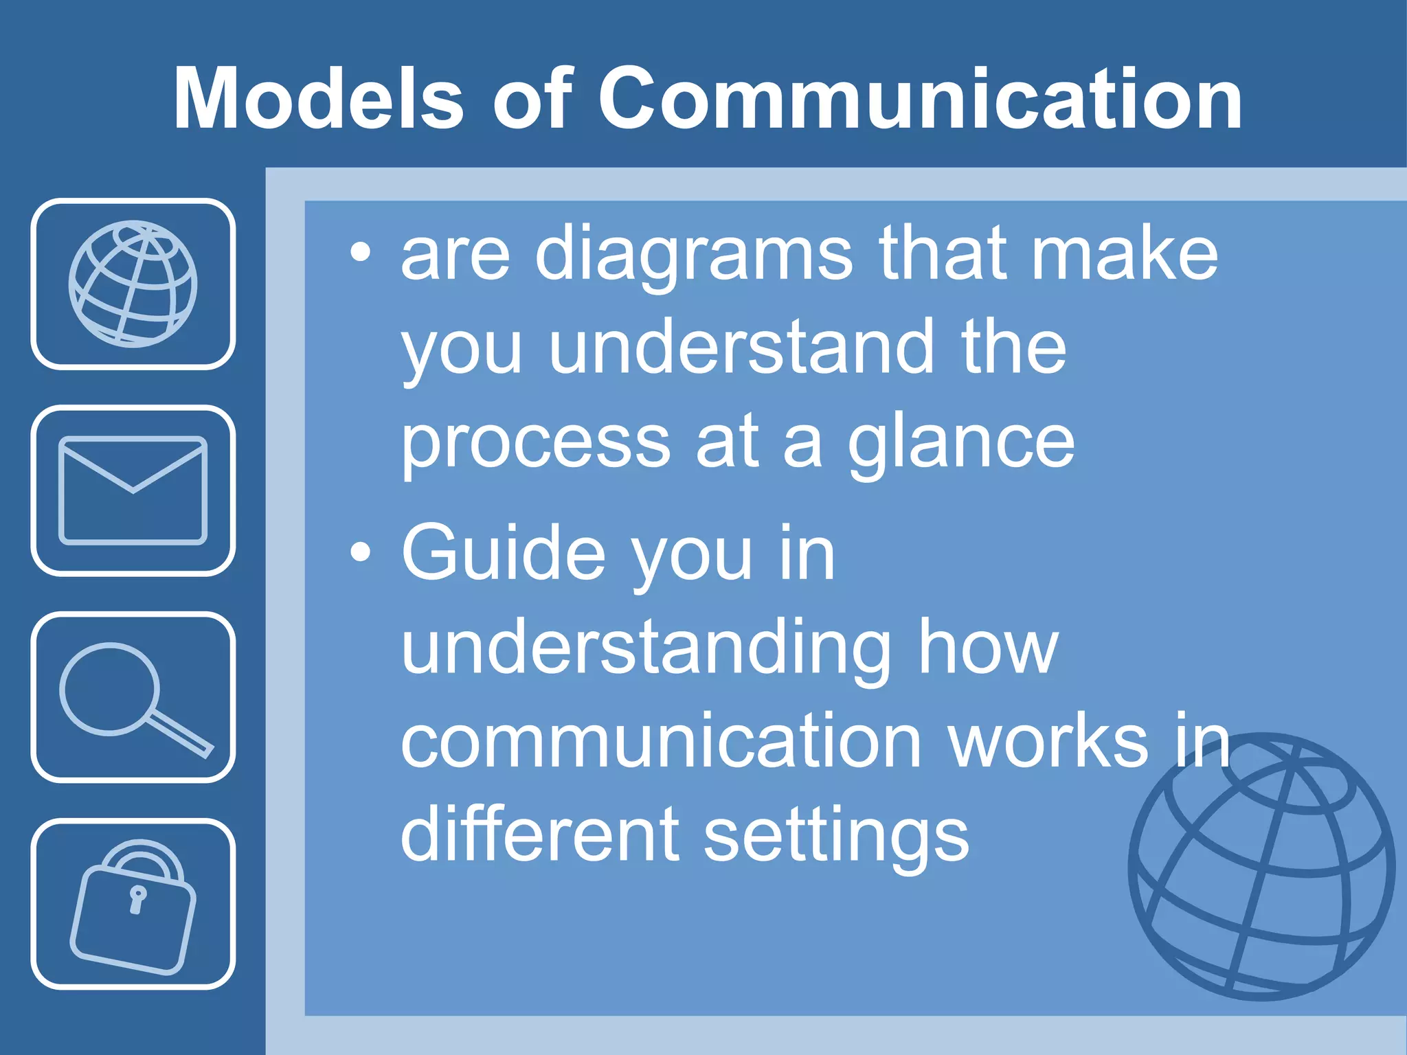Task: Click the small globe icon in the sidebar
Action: tap(133, 284)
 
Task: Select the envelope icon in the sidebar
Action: tap(133, 490)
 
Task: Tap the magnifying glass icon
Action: tap(133, 697)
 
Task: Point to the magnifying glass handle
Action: tap(180, 736)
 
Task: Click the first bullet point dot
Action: tap(360, 253)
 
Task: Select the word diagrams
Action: tap(693, 256)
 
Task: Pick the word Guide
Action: tap(504, 553)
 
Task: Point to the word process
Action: tap(535, 445)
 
